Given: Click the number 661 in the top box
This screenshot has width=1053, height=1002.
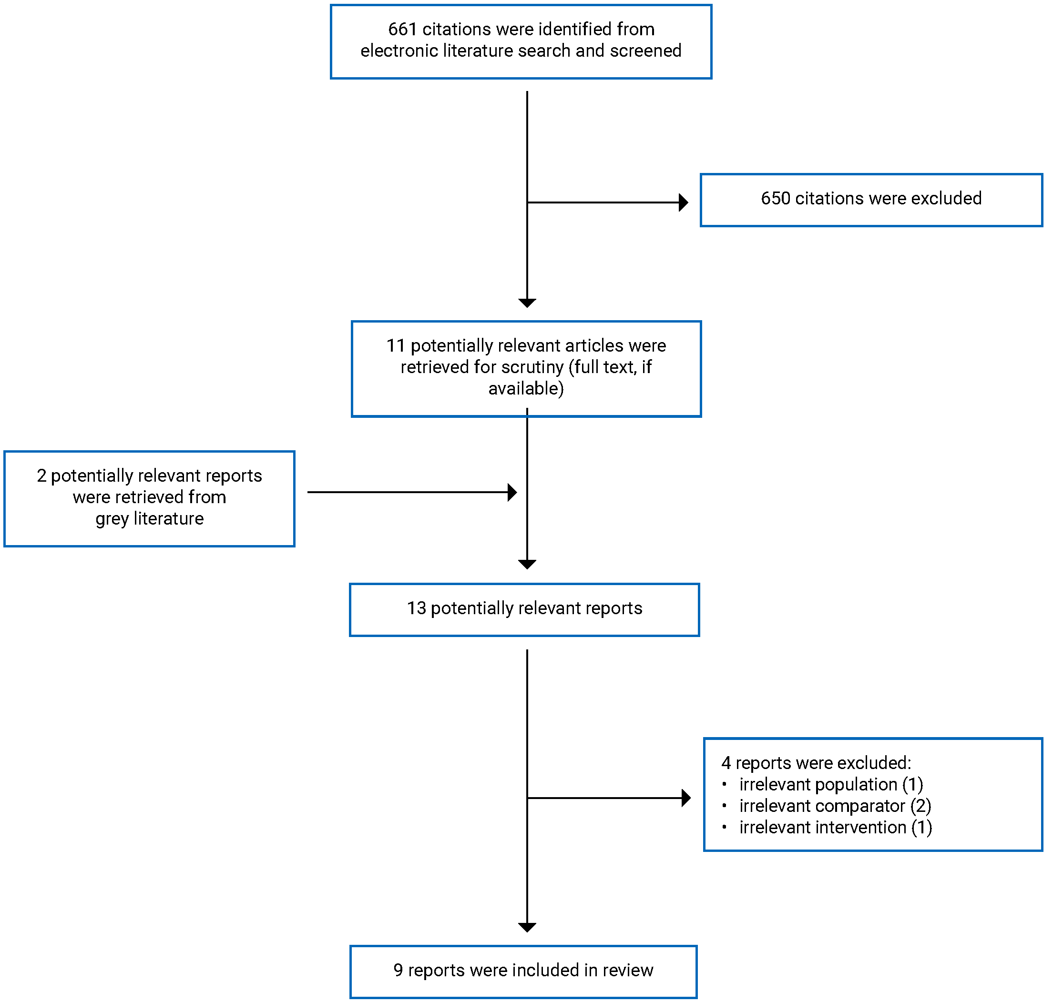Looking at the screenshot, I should click(x=402, y=29).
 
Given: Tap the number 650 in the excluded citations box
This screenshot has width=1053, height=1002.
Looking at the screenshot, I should click(x=775, y=198).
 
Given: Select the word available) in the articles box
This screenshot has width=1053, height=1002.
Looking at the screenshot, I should click(x=526, y=388).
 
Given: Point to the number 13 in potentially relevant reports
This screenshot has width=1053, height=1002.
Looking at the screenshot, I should click(x=417, y=608).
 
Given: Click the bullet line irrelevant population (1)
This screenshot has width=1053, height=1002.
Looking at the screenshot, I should click(x=831, y=785).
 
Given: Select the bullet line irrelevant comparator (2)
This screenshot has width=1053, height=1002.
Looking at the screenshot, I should click(x=835, y=806).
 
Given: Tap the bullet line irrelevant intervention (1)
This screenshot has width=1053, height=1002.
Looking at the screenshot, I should click(x=836, y=827).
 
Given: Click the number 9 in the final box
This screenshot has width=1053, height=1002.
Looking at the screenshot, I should click(x=399, y=971).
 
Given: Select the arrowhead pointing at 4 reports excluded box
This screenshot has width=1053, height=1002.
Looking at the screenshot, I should click(x=686, y=799).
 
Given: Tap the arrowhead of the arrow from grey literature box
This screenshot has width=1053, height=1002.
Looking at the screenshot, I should click(x=512, y=493).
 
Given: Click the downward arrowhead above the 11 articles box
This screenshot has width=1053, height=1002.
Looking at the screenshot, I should click(x=527, y=303).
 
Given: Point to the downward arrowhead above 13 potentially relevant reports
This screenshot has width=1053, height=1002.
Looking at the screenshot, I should click(x=527, y=565).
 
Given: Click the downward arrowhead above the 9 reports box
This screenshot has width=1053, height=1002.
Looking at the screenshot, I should click(x=527, y=928).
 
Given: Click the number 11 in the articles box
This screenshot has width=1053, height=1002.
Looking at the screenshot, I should click(x=396, y=346).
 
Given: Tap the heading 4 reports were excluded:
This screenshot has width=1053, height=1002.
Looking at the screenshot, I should click(x=817, y=763).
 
